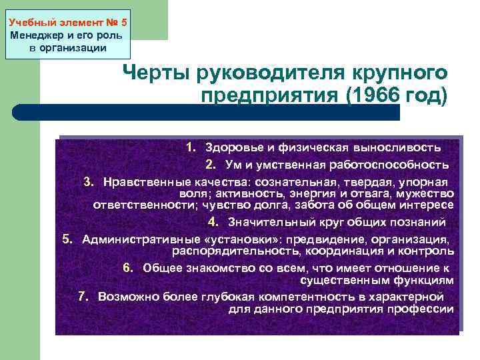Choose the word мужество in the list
point(427,193)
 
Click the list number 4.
point(212,221)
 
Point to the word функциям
point(418,279)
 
